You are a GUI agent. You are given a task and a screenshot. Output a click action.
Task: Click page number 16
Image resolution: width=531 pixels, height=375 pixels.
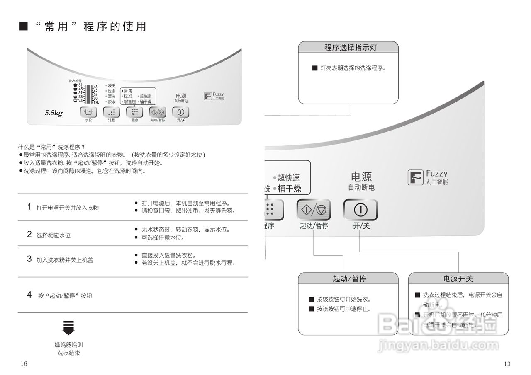24,364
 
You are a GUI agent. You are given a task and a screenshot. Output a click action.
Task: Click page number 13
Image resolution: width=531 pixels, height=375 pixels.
507,364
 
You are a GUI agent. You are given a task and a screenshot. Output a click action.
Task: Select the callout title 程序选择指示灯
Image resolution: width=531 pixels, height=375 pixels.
348,47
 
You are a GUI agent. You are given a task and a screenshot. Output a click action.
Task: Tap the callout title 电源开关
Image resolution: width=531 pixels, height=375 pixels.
458,278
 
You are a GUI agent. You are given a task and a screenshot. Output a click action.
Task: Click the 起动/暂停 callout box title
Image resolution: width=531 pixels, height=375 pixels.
348,278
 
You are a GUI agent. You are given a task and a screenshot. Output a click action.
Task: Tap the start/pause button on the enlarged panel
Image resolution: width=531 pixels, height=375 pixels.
314,210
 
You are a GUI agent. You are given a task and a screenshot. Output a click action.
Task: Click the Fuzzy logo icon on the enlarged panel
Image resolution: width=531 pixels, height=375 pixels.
415,177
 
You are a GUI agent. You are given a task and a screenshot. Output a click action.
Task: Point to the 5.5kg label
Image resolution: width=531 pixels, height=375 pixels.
54,113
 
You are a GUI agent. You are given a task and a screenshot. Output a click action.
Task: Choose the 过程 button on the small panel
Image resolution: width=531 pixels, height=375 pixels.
111,112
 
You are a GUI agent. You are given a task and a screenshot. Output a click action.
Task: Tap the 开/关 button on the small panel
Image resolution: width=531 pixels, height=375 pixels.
180,112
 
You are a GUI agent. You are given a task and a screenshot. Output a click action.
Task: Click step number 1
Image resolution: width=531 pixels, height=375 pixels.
29,206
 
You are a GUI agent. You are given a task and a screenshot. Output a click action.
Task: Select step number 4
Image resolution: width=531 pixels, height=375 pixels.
29,295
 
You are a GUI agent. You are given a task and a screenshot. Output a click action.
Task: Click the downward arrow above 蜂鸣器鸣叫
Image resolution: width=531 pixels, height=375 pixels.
68,327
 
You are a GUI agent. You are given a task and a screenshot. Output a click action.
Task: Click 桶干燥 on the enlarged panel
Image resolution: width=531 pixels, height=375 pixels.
289,189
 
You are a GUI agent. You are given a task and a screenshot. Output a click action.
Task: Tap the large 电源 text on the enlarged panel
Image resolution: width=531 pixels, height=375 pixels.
361,177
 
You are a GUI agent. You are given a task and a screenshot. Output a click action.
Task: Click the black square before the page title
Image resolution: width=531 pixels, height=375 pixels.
24,27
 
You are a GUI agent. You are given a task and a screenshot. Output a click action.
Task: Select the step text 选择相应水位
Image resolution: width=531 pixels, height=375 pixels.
53,235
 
